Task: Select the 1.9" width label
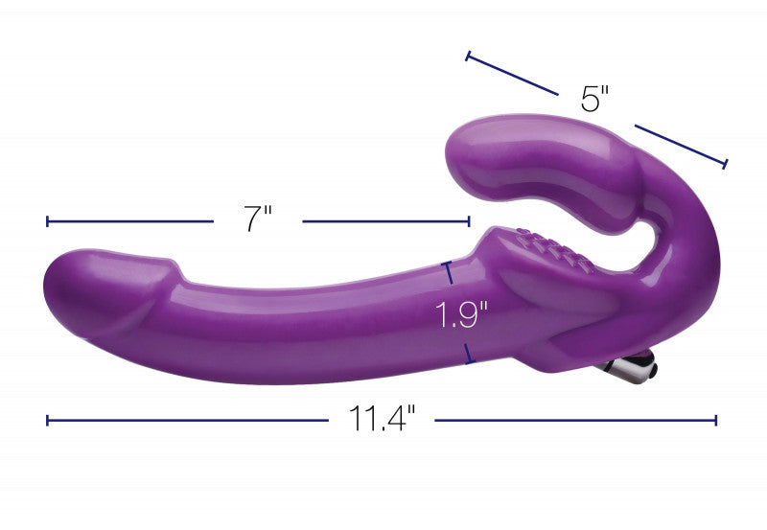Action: point(463,314)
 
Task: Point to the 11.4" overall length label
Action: point(382,420)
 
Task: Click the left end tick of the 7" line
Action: point(47,221)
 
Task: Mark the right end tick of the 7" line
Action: point(469,221)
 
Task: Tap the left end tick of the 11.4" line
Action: point(47,420)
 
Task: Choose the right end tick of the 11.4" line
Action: point(716,420)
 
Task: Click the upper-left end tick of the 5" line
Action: point(467,57)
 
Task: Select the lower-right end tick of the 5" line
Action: point(725,164)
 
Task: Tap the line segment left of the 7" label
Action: point(129,221)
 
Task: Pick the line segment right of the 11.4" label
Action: point(575,420)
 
